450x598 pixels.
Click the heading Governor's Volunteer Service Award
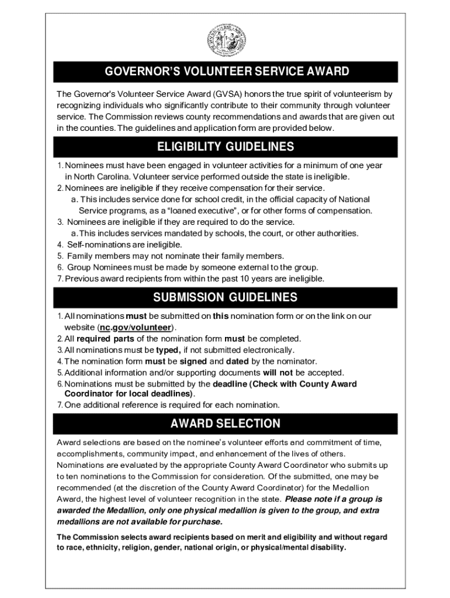[x=227, y=72]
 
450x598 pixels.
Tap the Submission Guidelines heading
[x=225, y=297]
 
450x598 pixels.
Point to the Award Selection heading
[x=225, y=423]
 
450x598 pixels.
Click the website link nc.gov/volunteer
[x=135, y=327]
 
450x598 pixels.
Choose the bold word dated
[x=237, y=361]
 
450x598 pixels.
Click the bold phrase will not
[x=278, y=373]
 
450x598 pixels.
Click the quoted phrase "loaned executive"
[x=199, y=211]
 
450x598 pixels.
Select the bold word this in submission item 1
[x=220, y=316]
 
